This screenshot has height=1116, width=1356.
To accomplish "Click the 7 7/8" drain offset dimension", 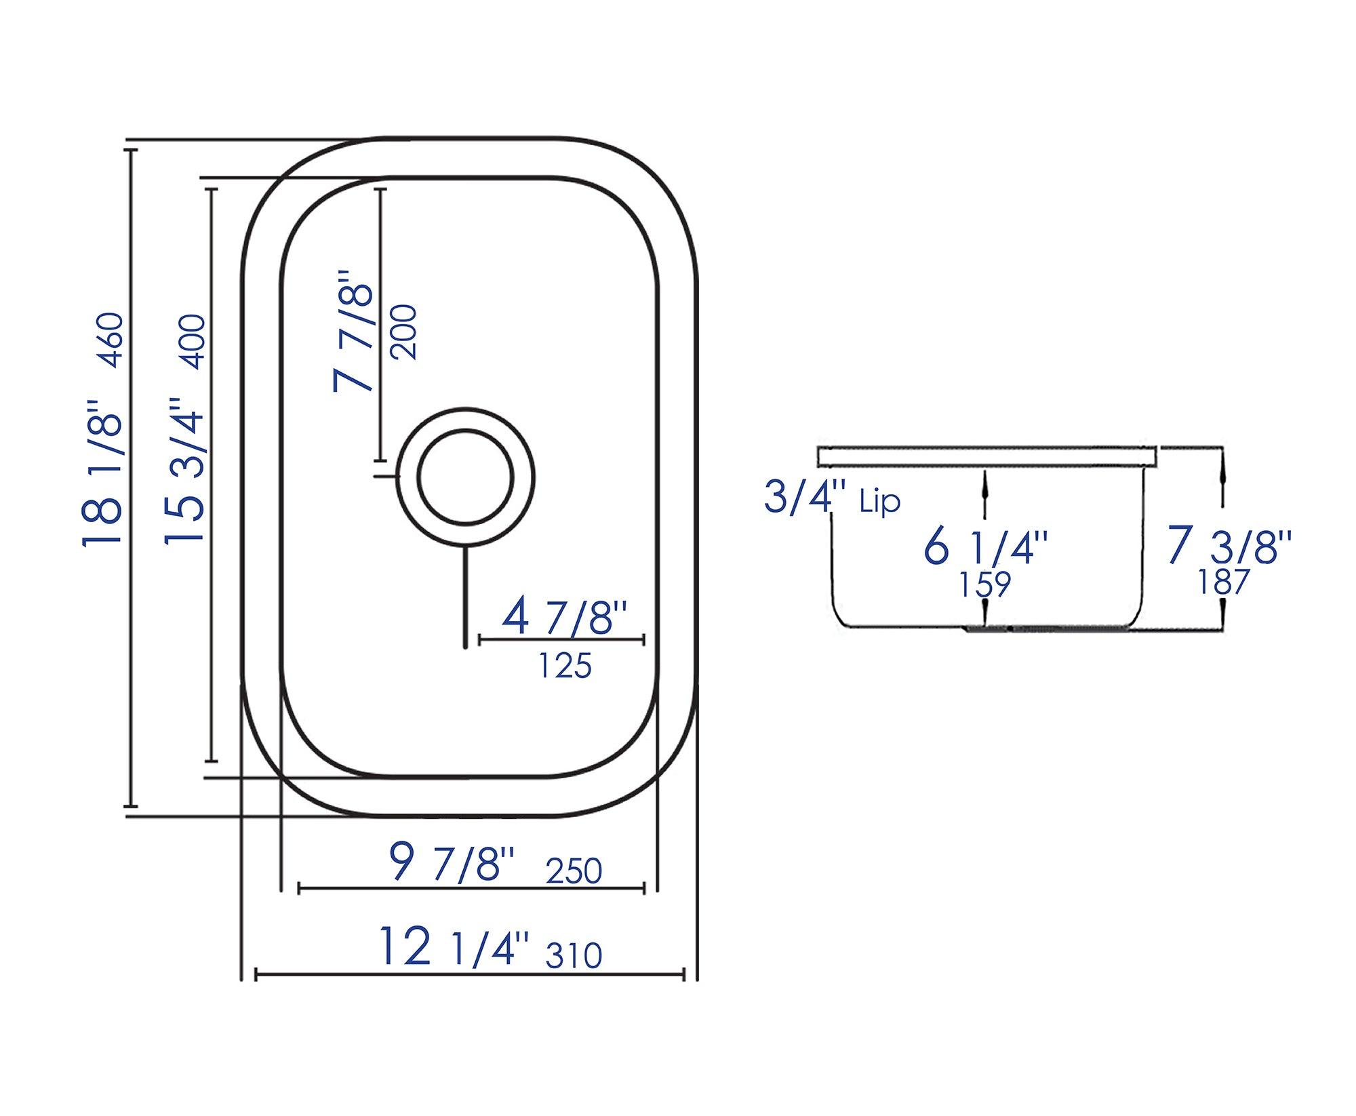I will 353,332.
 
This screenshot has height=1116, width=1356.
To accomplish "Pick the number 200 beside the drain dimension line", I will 404,332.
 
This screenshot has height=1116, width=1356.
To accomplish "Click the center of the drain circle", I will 464,478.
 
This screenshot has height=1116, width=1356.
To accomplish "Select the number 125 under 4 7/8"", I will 565,666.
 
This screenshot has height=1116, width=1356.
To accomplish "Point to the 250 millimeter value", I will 574,871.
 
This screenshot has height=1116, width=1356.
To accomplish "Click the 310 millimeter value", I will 574,955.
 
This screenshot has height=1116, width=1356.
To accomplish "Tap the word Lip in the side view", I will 880,502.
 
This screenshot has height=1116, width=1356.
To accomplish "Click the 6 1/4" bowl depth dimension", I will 986,548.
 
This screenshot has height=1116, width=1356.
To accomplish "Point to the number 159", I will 985,584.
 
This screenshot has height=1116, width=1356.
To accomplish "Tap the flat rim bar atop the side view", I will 986,456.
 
